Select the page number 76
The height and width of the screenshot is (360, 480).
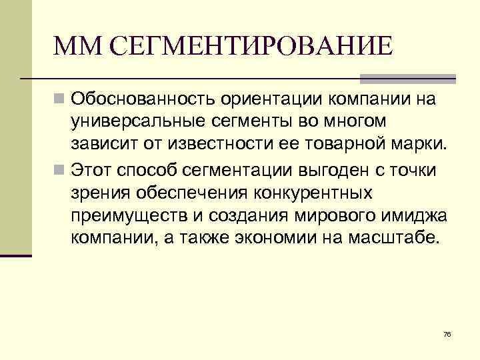pyautogui.click(x=447, y=333)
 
